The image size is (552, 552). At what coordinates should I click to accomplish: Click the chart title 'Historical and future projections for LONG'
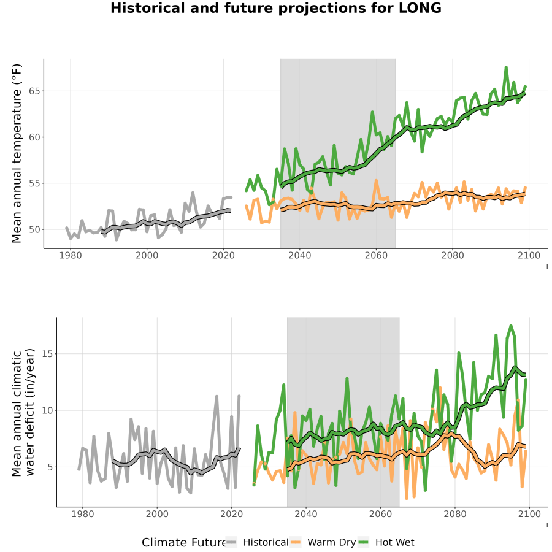point(275,9)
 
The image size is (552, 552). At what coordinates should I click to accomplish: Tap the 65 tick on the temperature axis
point(34,91)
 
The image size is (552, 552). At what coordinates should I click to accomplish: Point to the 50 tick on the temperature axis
point(34,229)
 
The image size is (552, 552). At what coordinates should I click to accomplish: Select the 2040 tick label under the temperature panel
point(299,255)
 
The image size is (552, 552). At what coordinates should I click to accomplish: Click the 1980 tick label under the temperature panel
point(71,255)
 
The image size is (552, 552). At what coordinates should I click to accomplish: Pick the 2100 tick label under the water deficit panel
point(529,514)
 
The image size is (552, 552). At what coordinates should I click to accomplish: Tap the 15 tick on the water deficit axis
point(47,353)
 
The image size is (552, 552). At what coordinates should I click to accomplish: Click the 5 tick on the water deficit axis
point(50,467)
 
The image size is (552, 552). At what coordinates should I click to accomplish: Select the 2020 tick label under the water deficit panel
point(232,514)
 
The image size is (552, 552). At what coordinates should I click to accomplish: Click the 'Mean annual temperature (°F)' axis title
point(17,153)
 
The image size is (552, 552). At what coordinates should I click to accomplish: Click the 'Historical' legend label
point(266,542)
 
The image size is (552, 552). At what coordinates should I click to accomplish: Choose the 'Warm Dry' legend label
point(332,543)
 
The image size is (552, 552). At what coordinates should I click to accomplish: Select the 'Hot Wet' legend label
point(394,542)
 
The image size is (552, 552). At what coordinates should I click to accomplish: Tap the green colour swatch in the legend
point(363,542)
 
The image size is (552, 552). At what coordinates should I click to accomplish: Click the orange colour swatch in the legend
point(295,542)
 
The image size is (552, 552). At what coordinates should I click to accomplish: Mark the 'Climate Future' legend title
point(183,543)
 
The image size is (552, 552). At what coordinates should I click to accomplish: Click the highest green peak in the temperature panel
point(506,67)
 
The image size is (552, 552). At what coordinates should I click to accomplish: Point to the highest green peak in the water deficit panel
point(511,326)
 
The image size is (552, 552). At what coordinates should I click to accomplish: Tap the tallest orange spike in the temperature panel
point(377,180)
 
